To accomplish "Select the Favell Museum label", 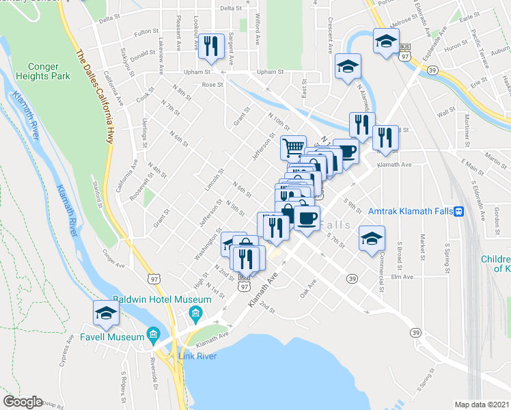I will click(x=119, y=336).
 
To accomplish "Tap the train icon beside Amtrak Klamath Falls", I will click(x=460, y=211).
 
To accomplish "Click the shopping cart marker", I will click(x=293, y=146).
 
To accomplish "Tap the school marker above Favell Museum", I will click(x=107, y=314).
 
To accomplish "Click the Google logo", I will click(x=23, y=402).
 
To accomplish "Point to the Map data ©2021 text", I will click(x=482, y=405).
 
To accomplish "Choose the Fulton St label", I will click(x=146, y=32).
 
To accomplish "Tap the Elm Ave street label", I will click(x=402, y=277).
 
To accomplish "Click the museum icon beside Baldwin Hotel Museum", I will click(x=195, y=315).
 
